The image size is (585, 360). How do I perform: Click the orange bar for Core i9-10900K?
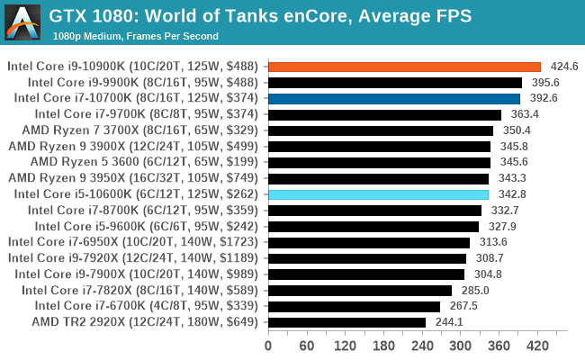click(x=404, y=67)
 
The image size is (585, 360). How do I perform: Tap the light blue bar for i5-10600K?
click(x=378, y=194)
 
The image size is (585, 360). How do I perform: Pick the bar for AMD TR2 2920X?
click(x=346, y=322)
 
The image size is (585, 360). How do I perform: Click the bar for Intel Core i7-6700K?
click(x=354, y=306)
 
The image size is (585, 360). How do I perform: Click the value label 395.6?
click(x=544, y=83)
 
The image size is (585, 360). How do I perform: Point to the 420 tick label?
click(x=537, y=346)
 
